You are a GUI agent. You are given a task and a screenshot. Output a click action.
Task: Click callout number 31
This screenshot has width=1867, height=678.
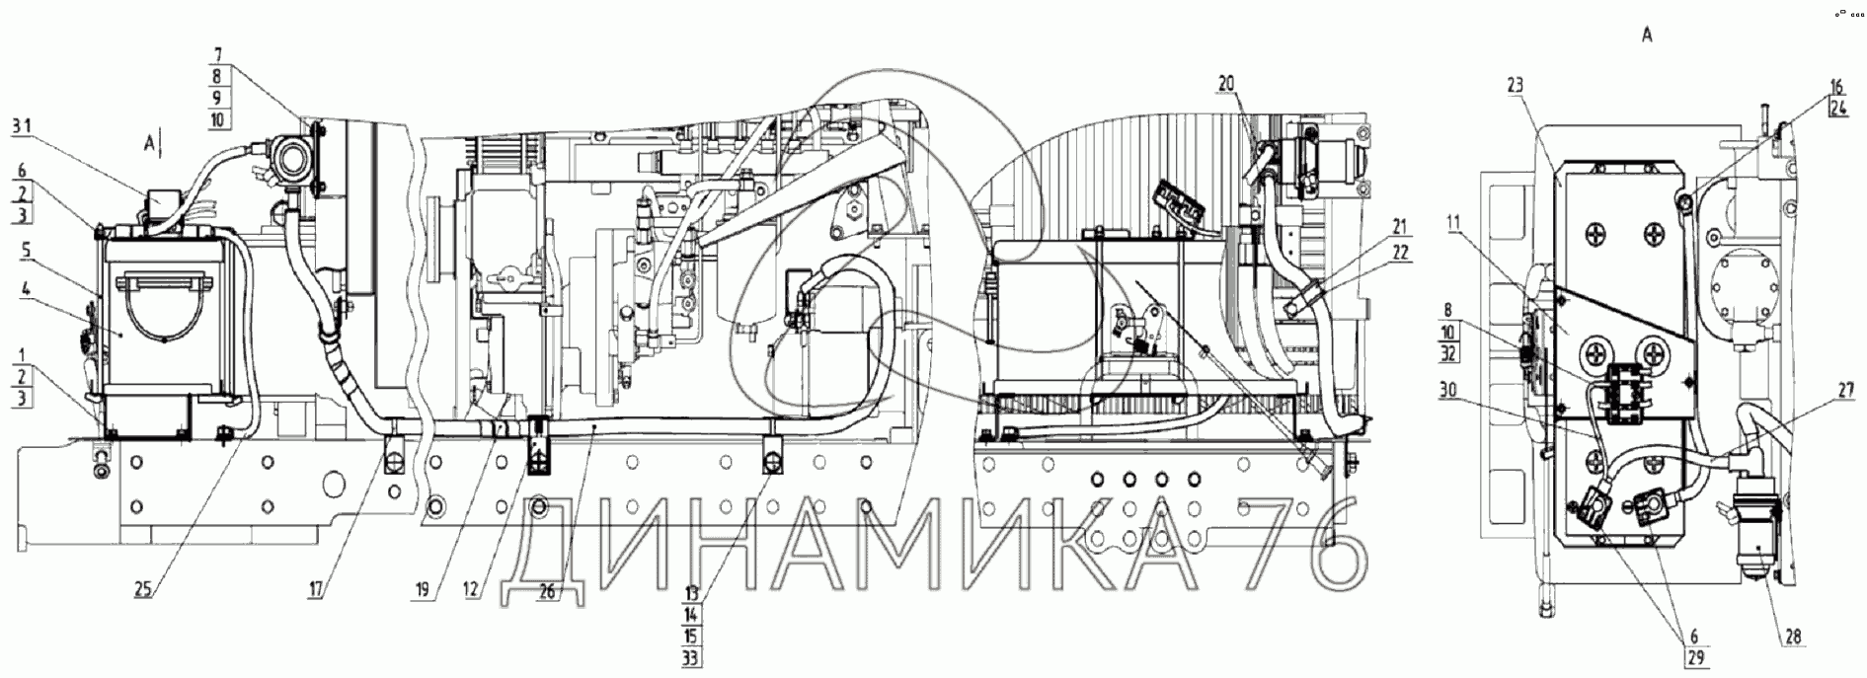[21, 125]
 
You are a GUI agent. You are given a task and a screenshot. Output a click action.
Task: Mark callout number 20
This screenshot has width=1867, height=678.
[1225, 85]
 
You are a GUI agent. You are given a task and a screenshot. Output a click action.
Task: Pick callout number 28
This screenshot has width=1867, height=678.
[1792, 639]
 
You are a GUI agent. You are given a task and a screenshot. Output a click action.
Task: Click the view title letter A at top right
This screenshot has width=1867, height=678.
[1646, 35]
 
